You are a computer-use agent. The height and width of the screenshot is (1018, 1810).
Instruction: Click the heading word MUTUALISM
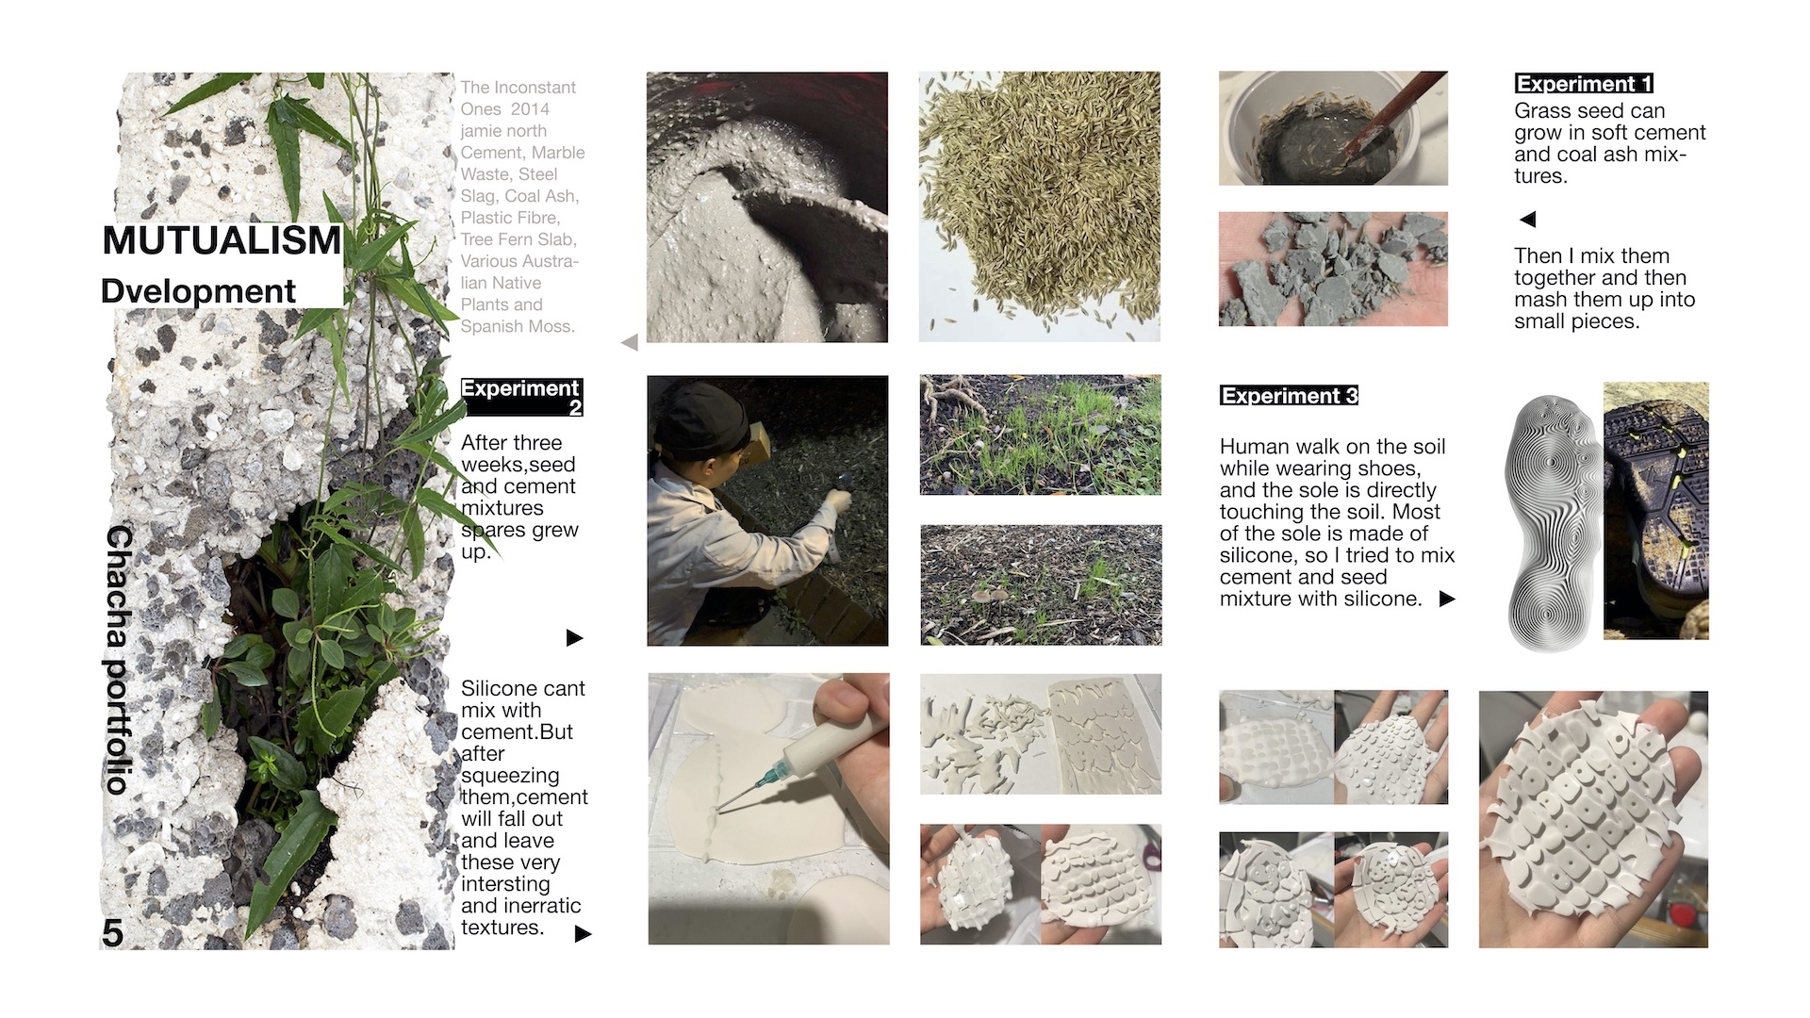(x=222, y=240)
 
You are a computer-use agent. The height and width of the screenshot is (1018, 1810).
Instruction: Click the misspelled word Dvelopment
(x=198, y=291)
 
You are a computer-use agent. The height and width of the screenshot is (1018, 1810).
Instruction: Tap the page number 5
(x=112, y=933)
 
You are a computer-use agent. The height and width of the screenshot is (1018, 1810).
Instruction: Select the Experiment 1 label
(x=1584, y=84)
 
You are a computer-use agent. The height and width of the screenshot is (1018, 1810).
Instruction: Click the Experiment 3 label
(x=1289, y=396)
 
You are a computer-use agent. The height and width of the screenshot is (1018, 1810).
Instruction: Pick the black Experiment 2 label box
(x=521, y=397)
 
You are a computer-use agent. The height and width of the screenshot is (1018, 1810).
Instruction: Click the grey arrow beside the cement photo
(x=630, y=342)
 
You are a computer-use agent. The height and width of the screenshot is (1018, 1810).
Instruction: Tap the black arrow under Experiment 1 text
(x=1528, y=220)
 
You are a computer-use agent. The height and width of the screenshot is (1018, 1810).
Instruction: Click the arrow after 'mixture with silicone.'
(x=1447, y=599)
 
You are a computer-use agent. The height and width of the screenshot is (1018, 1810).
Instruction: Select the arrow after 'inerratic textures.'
(x=583, y=933)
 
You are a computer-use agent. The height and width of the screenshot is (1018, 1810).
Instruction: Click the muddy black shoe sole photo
(x=1656, y=511)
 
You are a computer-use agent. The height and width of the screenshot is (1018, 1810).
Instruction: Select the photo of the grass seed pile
(x=1040, y=206)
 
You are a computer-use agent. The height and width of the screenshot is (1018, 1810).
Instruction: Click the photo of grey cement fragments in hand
(x=1333, y=269)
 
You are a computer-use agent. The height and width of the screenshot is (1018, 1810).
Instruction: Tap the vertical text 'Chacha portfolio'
(x=119, y=660)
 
